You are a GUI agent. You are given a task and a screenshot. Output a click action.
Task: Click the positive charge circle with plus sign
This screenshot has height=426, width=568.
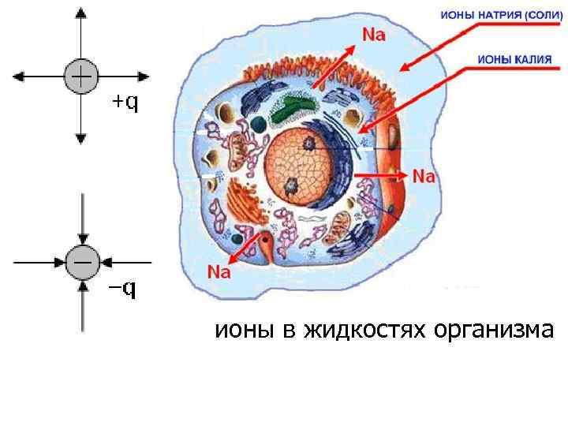click(80, 76)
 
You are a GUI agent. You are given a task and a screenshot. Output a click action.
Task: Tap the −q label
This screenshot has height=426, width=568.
click(121, 289)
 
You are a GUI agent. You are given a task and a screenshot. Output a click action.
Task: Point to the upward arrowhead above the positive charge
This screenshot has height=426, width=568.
click(80, 14)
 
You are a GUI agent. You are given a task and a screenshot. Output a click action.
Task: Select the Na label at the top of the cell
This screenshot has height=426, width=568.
click(374, 34)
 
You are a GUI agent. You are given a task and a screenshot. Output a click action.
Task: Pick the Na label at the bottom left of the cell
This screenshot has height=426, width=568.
click(219, 272)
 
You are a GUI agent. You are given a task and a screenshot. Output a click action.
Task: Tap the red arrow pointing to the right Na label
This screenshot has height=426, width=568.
click(382, 173)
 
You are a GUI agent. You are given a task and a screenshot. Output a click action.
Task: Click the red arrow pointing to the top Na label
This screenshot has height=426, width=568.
click(335, 63)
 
